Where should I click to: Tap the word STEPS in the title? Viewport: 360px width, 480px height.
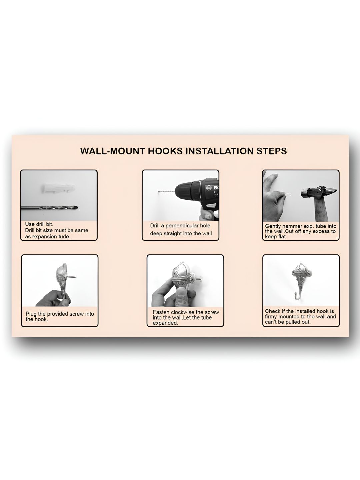click(x=272, y=151)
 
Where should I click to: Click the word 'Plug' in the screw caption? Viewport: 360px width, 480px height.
click(x=31, y=314)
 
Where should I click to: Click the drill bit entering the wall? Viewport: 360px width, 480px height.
click(x=167, y=192)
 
